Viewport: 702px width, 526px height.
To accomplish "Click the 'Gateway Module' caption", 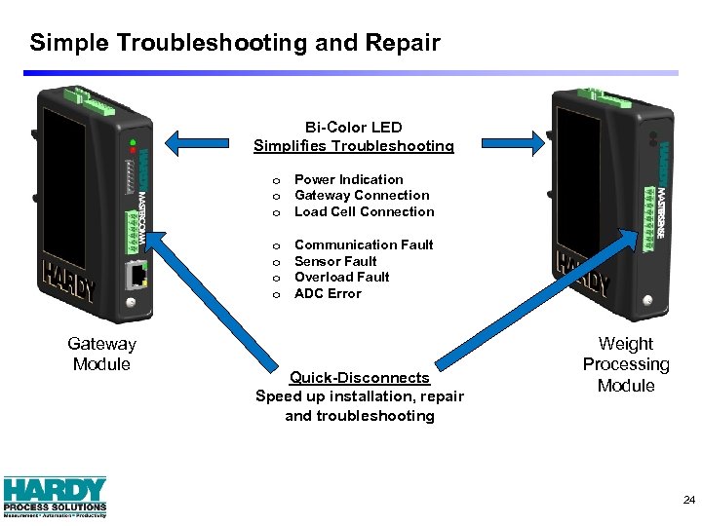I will click(x=101, y=354).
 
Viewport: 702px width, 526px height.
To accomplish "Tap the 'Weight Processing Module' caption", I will click(x=625, y=364).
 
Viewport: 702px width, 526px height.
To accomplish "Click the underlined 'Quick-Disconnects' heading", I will click(x=359, y=377).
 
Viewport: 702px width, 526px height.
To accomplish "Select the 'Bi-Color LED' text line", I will click(x=353, y=127).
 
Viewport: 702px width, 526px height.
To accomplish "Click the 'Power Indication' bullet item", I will click(x=348, y=179).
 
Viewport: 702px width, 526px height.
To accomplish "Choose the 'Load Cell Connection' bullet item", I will click(x=364, y=211).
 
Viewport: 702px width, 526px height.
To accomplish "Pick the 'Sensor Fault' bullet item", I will click(x=335, y=261).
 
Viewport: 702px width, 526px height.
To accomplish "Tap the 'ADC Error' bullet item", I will click(x=328, y=293).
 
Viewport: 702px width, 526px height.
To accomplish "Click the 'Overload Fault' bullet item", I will click(x=341, y=277).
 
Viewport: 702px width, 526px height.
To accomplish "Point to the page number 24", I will click(x=689, y=500).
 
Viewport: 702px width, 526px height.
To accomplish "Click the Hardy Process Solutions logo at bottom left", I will click(x=55, y=496).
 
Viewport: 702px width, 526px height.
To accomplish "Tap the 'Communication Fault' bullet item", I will click(x=364, y=244).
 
